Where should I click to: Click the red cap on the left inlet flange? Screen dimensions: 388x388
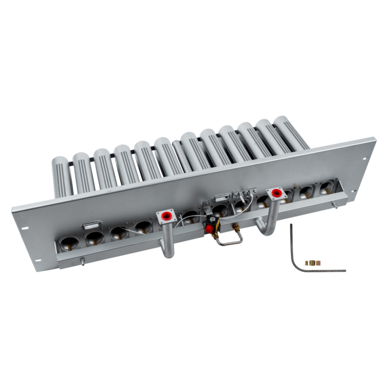pyautogui.click(x=165, y=213)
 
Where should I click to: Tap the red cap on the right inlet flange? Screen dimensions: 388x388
pyautogui.click(x=274, y=192)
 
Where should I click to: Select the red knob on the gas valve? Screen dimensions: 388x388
pyautogui.click(x=210, y=229)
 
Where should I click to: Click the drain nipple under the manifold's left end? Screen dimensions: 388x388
pyautogui.click(x=81, y=260)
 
